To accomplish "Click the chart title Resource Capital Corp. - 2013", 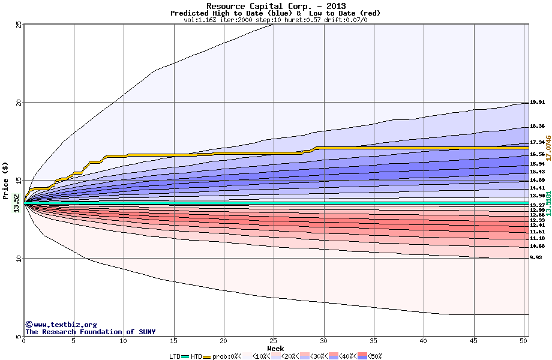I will point(275,6).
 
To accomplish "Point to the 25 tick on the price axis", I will point(19,25).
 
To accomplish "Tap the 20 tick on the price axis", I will point(19,103).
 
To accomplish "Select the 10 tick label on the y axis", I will point(19,259).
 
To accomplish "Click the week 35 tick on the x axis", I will point(374,341).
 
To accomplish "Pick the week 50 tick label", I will point(524,341).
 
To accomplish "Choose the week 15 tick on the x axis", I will point(174,341).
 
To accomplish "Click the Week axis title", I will point(275,348).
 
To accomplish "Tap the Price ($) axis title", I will point(6,181).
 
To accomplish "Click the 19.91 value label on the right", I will point(537,103).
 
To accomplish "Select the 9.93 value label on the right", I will point(537,257).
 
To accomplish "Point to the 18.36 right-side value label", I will point(537,127).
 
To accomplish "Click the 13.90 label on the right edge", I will point(537,196).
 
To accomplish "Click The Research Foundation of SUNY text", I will point(90,332).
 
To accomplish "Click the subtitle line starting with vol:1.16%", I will point(275,20).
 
